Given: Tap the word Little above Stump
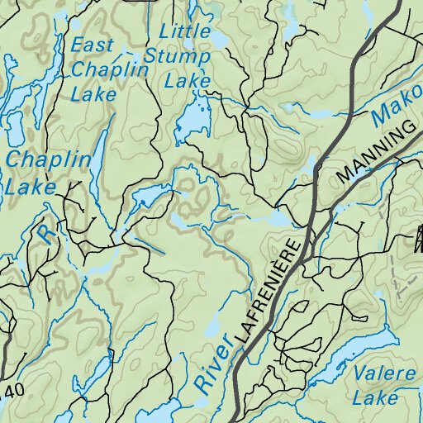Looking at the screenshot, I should (185, 32).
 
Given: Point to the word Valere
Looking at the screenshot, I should (384, 374).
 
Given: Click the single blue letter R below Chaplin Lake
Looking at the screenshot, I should (45, 235).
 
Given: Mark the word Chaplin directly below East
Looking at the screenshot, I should (109, 70).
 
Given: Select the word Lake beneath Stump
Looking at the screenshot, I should (188, 81).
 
